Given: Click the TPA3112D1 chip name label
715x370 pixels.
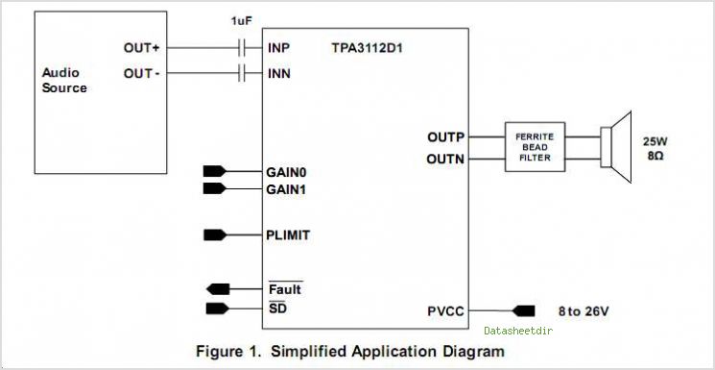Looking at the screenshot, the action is (x=367, y=48).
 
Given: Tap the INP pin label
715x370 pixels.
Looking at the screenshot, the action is (x=278, y=48).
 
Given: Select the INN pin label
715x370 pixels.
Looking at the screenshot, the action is (x=279, y=74).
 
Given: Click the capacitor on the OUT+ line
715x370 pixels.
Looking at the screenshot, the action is (x=242, y=48).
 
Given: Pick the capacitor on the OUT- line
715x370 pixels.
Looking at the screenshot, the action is (x=242, y=73).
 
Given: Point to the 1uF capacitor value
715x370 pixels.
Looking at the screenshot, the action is (x=241, y=21).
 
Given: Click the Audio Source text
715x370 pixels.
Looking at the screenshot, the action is (x=64, y=81).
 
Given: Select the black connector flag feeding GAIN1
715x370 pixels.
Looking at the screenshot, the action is (x=214, y=188).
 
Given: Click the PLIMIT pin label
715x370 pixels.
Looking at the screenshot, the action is (x=288, y=235).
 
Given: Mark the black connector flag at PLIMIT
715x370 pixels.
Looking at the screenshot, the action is (x=215, y=235).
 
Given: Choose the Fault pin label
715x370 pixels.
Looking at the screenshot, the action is (x=285, y=289).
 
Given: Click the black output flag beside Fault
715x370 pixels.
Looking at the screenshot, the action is (x=218, y=288).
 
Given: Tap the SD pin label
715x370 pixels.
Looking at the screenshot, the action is (x=277, y=308).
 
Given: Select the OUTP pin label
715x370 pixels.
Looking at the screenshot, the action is (x=445, y=137).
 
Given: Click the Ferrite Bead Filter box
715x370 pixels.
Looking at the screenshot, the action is (x=535, y=147).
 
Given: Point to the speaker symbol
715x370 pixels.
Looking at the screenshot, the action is (x=616, y=147).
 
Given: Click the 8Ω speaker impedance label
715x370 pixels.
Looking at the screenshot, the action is (x=655, y=155).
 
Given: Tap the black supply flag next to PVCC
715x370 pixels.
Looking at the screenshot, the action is (x=523, y=311).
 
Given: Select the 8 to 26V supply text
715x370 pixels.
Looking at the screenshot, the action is (x=584, y=311).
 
